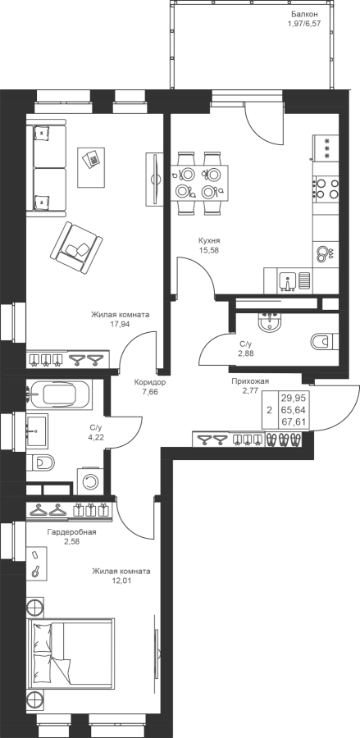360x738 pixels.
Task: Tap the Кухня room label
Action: coord(209,240)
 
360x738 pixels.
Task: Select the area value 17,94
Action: coord(120,324)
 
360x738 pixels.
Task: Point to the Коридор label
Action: coord(149,382)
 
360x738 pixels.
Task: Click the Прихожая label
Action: coord(250,381)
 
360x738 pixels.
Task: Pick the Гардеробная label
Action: coord(72,532)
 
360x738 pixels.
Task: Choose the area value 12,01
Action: coord(121,581)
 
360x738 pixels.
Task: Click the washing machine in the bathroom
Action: coord(89,481)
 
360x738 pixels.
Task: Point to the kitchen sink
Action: coord(287,281)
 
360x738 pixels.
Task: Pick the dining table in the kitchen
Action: coord(199,183)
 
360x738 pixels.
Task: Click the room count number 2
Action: coord(269,410)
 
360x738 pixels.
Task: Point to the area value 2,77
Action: coord(250,390)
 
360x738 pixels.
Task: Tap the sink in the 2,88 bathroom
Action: coord(269,323)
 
